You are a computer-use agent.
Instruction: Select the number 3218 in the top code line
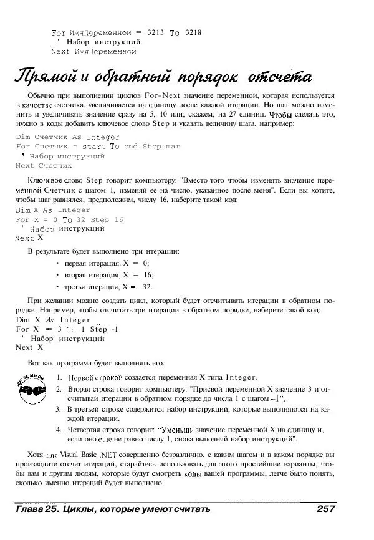194,31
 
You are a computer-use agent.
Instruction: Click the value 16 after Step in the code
118,219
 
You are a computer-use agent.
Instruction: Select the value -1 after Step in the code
113,329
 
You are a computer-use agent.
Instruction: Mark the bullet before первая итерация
57,263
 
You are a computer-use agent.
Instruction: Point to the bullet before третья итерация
57,287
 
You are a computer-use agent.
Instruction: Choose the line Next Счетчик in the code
44,166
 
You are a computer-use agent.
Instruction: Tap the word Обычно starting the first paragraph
42,95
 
